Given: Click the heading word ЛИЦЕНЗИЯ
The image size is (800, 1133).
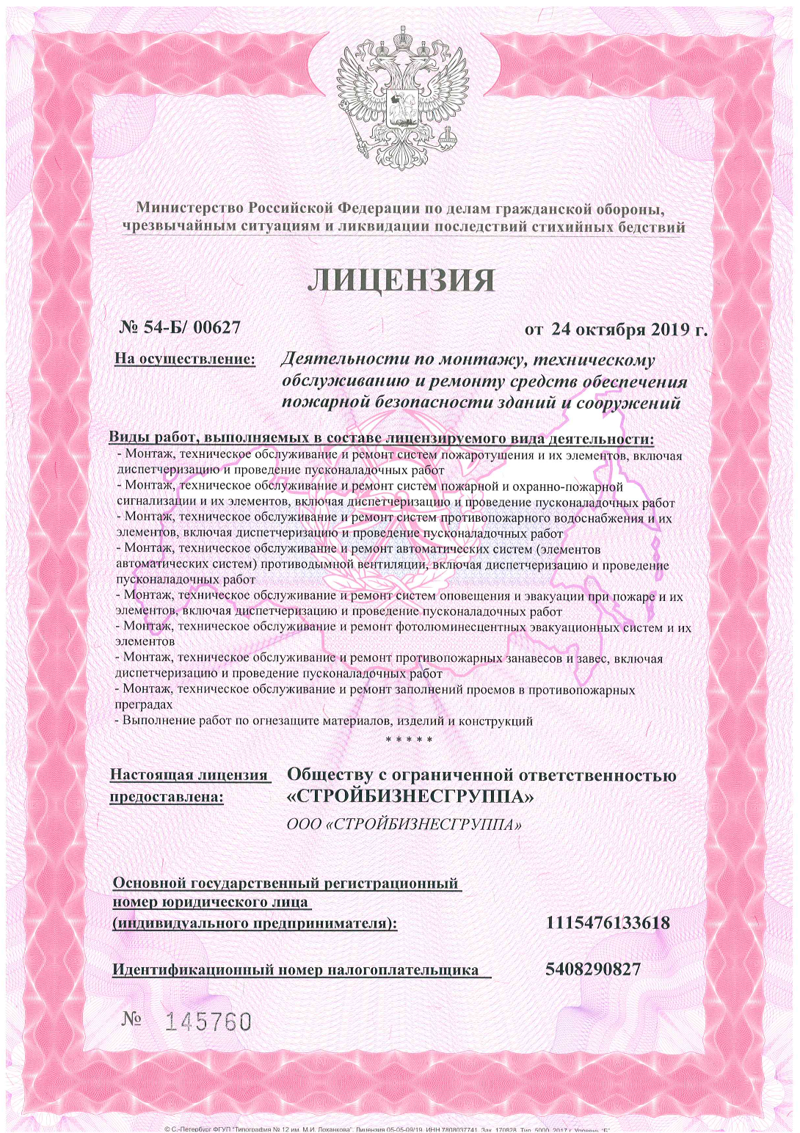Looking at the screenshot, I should click(401, 280).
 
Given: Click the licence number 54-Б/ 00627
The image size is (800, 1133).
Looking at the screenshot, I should click(192, 327).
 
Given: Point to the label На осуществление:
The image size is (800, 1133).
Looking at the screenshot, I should click(185, 359).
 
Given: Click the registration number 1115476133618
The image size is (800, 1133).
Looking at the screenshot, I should click(608, 922).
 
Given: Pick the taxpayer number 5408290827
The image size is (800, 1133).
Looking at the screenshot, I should click(593, 969).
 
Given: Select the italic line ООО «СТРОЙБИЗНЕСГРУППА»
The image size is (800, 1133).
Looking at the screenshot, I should click(404, 824).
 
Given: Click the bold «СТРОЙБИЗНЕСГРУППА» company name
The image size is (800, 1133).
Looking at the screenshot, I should click(410, 796).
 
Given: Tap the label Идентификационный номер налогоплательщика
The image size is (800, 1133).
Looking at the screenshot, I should click(295, 970).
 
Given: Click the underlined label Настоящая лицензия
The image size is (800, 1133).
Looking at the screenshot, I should click(189, 775).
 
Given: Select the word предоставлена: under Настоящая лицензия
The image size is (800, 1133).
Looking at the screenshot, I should click(167, 797).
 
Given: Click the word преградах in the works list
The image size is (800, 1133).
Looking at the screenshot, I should click(144, 704).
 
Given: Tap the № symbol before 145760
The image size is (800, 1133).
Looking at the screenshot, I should click(132, 1019).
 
